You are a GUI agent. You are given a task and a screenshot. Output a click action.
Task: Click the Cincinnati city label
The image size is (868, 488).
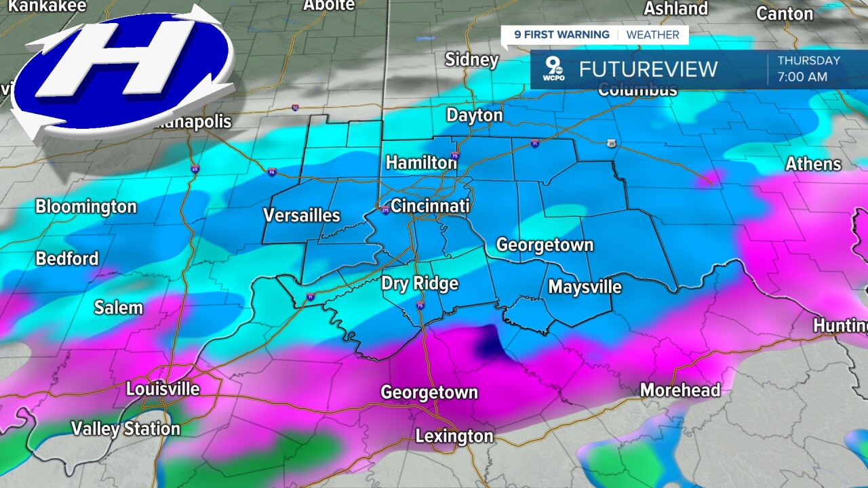[x=430, y=206]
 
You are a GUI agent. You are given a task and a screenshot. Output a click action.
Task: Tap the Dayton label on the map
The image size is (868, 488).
[x=475, y=115]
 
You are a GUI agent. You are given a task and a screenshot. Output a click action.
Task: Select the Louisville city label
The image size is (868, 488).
[x=163, y=389]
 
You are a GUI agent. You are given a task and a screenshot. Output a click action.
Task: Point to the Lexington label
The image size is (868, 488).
[x=454, y=436]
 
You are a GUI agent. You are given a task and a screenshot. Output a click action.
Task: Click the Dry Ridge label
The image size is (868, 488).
[x=420, y=283]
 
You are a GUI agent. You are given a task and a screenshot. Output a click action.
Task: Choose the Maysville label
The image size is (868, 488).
[x=585, y=287]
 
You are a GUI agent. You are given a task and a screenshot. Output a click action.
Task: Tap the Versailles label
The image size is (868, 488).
[x=302, y=216]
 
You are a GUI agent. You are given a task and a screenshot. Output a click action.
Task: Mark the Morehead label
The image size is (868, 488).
[x=680, y=390]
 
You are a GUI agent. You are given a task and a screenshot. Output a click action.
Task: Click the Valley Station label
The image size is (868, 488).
[x=126, y=429]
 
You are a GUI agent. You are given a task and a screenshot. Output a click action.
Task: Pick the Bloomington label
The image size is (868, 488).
[x=86, y=207]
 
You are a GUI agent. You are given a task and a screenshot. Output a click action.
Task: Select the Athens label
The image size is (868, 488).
[x=813, y=164]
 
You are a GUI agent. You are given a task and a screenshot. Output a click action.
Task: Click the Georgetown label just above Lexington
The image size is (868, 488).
[x=429, y=392]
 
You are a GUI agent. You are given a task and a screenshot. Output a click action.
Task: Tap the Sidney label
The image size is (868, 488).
[x=472, y=60]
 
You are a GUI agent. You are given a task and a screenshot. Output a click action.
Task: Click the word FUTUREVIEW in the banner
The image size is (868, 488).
[x=648, y=69]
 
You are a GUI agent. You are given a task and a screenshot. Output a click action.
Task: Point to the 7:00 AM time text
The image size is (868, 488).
[x=802, y=77]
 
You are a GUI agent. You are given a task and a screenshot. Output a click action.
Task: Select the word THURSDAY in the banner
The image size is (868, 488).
[x=808, y=60]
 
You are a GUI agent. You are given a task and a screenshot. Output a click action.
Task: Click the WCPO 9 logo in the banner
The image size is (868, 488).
[x=555, y=68]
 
